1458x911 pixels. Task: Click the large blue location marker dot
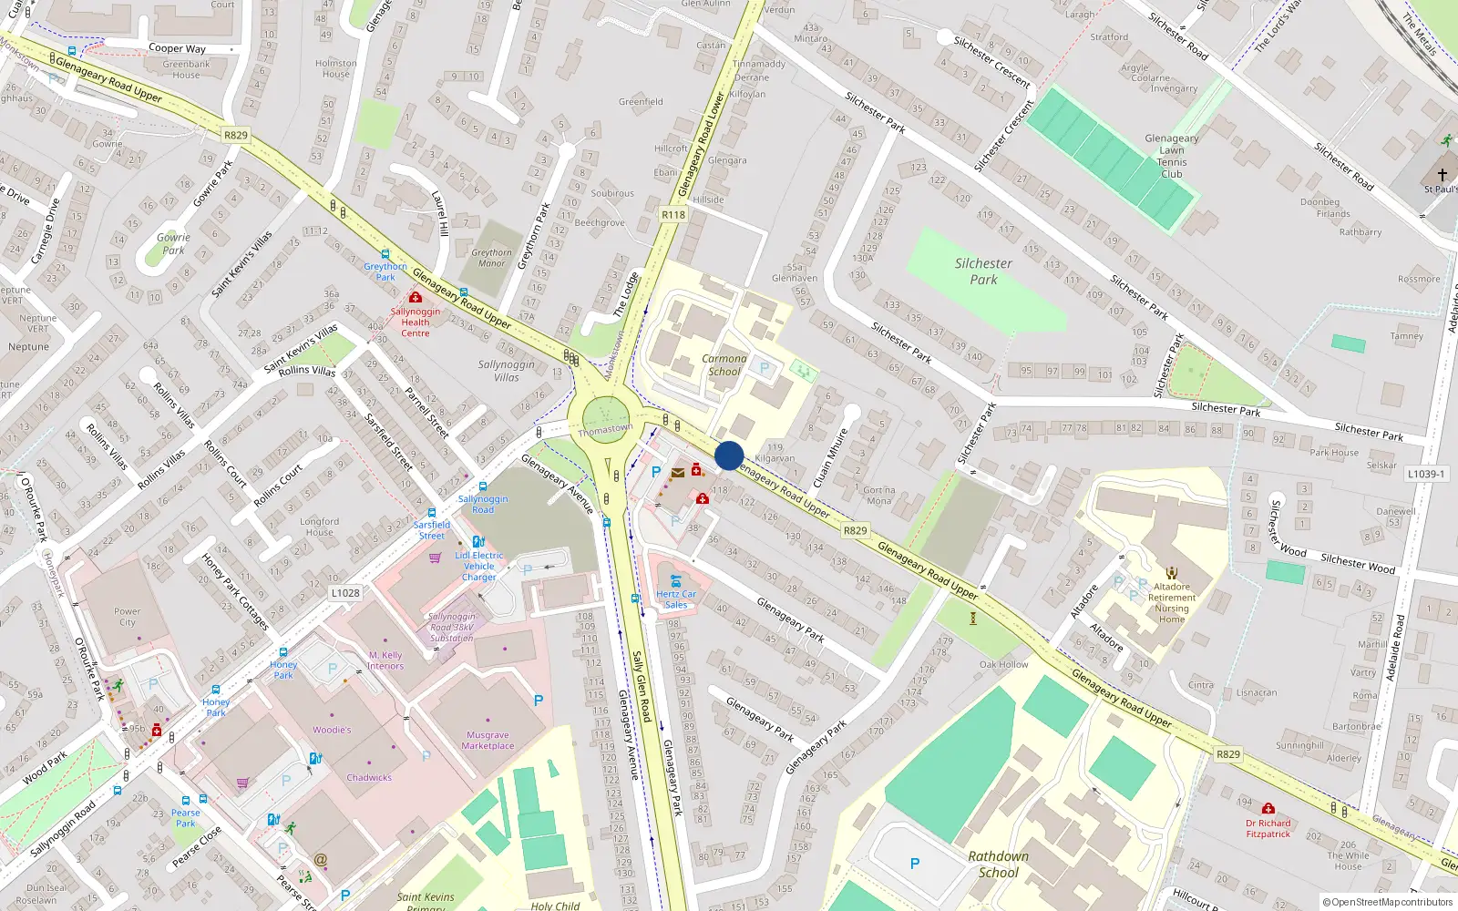(x=729, y=455)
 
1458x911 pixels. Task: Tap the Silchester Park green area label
(x=983, y=271)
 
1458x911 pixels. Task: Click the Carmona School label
(x=724, y=364)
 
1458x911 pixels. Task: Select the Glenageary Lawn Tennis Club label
(x=1172, y=156)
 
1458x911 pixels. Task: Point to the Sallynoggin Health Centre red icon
(x=416, y=298)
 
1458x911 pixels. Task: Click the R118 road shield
(x=673, y=215)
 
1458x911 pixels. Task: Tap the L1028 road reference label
(x=345, y=593)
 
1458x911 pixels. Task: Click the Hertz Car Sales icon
(x=676, y=579)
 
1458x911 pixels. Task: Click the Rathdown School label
(x=999, y=864)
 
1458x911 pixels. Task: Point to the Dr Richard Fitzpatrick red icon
(x=1268, y=808)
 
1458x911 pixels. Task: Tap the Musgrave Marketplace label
(x=488, y=740)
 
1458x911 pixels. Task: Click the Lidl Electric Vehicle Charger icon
(x=478, y=542)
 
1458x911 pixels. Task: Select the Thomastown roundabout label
(x=605, y=429)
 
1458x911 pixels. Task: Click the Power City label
(x=128, y=617)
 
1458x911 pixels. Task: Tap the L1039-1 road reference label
(x=1426, y=474)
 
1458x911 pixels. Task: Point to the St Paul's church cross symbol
(x=1443, y=174)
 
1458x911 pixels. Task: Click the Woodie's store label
(x=332, y=730)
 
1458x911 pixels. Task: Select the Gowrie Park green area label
(x=173, y=243)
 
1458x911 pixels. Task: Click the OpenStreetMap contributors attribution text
(x=1389, y=902)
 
